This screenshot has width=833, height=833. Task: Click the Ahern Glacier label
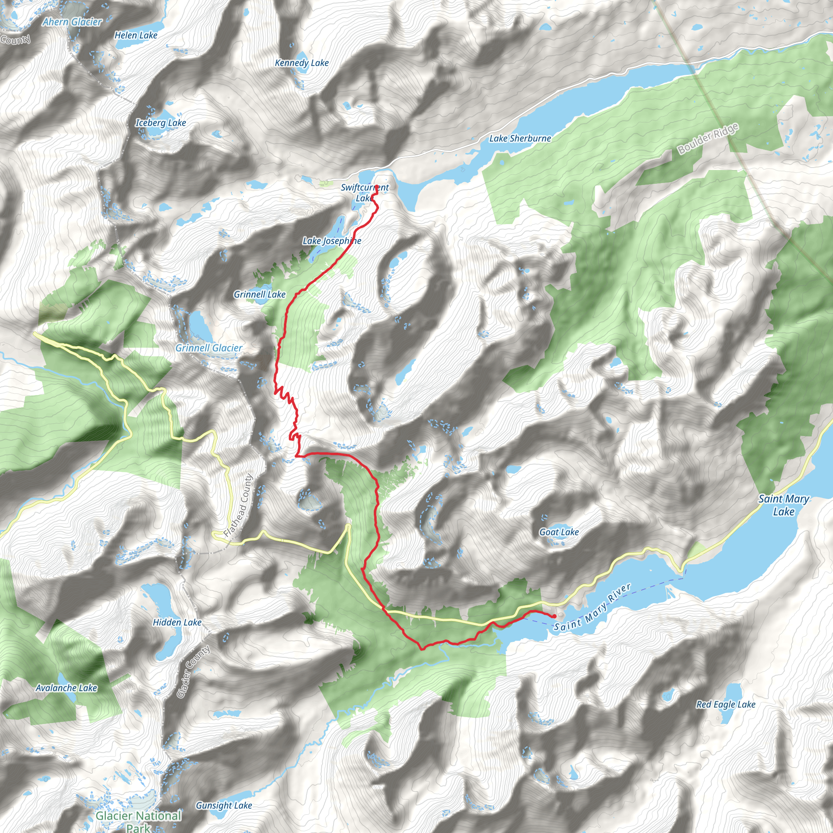click(x=72, y=22)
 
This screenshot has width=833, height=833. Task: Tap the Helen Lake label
click(x=136, y=35)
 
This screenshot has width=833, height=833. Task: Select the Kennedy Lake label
click(x=302, y=63)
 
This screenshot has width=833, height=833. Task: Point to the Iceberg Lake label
click(x=161, y=123)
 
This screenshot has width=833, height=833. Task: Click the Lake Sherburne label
click(x=520, y=138)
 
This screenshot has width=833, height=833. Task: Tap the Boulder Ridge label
click(x=708, y=138)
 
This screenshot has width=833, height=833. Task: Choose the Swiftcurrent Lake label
click(x=365, y=193)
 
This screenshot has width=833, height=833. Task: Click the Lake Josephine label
click(x=331, y=241)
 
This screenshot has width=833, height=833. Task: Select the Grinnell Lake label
click(x=259, y=294)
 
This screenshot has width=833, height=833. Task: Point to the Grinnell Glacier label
click(x=209, y=348)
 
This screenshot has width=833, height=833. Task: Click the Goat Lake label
click(x=559, y=532)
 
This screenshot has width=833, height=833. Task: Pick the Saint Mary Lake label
click(x=784, y=505)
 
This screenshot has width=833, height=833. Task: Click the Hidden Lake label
click(x=177, y=622)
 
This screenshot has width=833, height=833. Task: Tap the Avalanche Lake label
click(x=66, y=688)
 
